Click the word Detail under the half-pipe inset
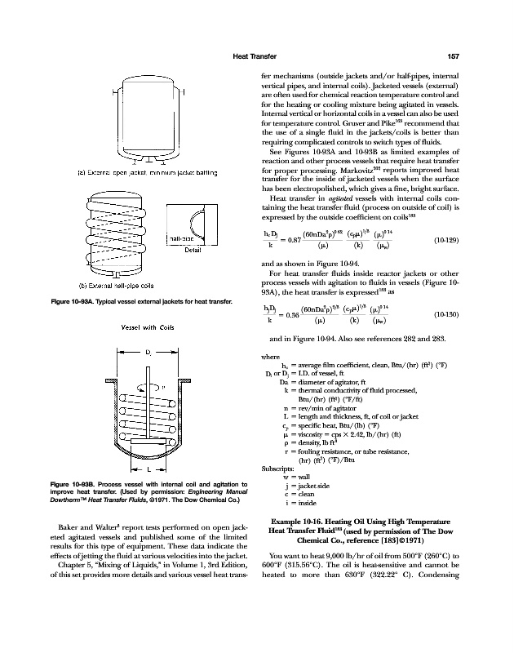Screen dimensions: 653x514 tap(193, 251)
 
